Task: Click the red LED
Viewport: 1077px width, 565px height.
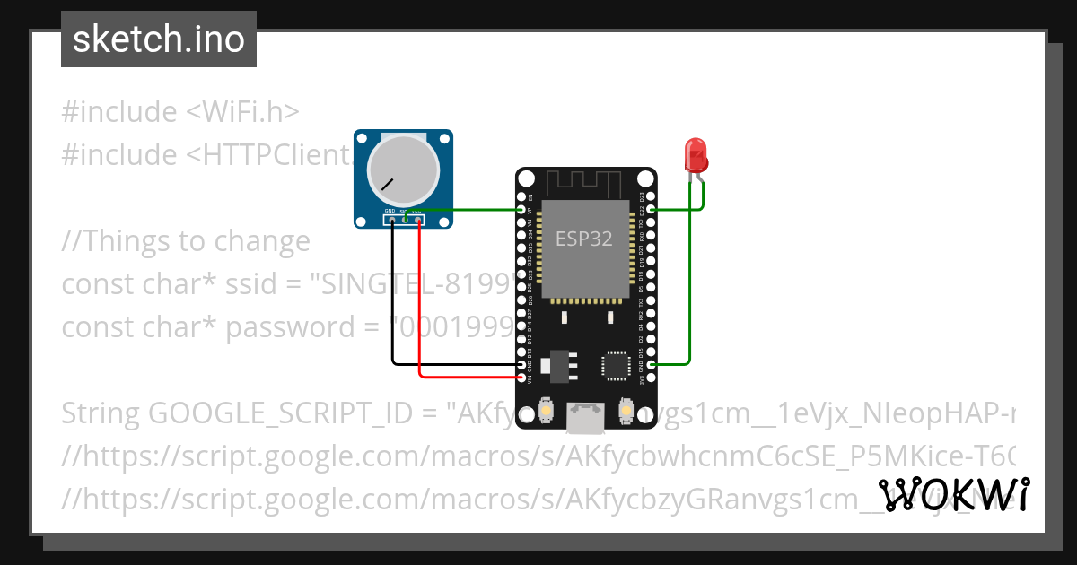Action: coord(696,156)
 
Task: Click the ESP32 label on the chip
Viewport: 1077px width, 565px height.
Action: coord(584,239)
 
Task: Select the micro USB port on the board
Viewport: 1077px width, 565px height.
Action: coord(585,416)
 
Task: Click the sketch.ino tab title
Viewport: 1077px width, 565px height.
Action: coord(159,39)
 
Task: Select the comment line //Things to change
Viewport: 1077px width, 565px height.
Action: coord(186,241)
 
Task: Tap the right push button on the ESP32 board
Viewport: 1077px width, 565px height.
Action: coord(626,411)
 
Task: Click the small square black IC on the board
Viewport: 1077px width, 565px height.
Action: coord(616,365)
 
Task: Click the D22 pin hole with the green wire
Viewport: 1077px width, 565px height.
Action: coord(651,210)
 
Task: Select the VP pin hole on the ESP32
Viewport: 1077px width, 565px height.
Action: coord(521,210)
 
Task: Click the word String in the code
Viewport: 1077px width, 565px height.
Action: coord(101,413)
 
